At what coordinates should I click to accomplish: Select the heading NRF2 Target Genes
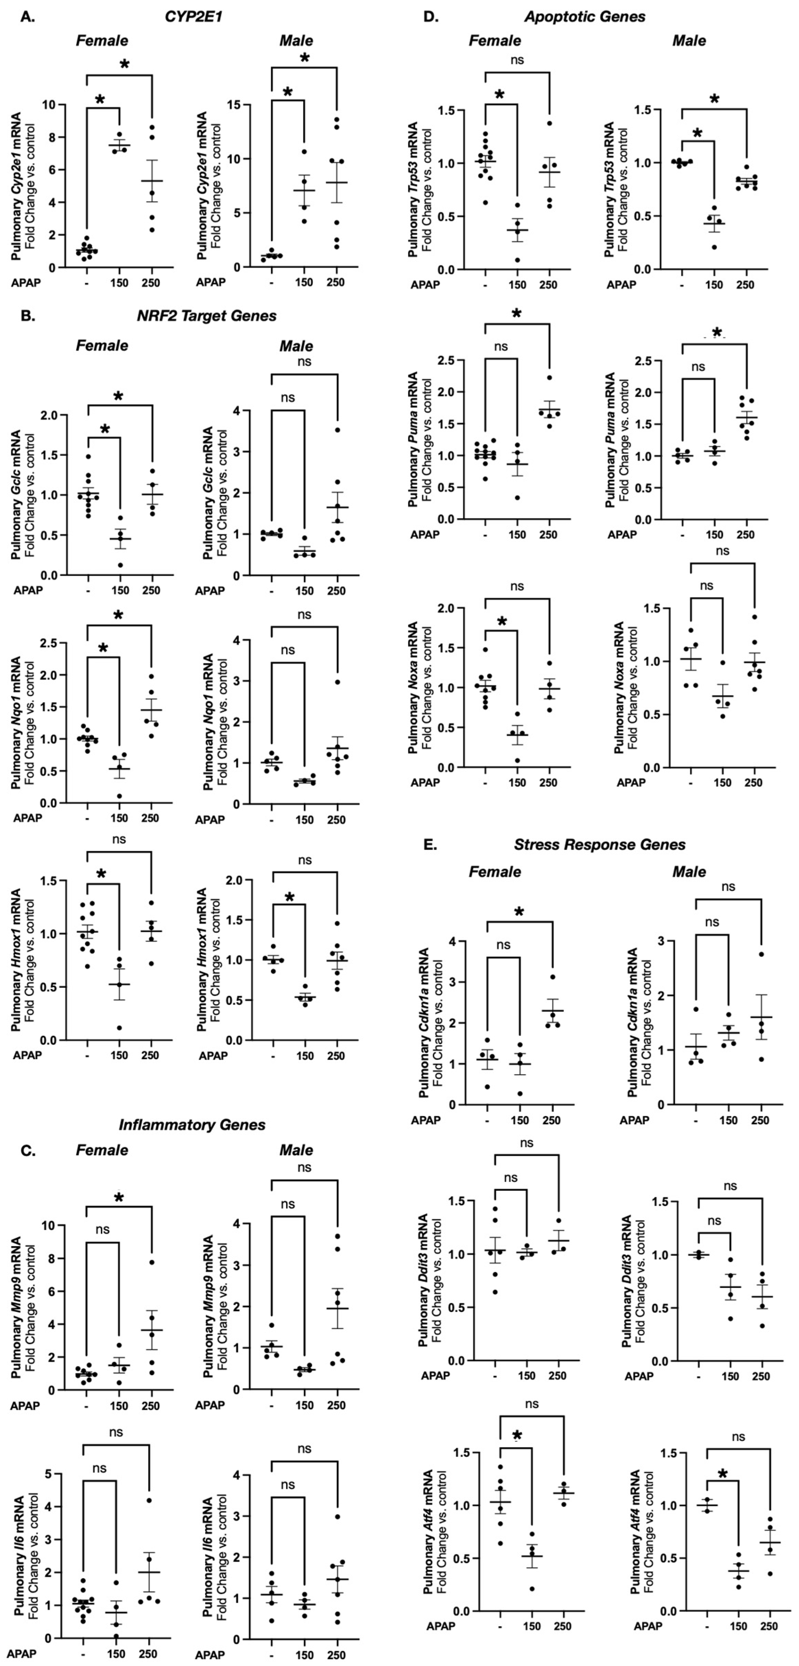coord(206,316)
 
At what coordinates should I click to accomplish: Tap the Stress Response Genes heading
coord(599,845)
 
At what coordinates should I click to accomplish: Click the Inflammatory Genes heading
coord(192,1125)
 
